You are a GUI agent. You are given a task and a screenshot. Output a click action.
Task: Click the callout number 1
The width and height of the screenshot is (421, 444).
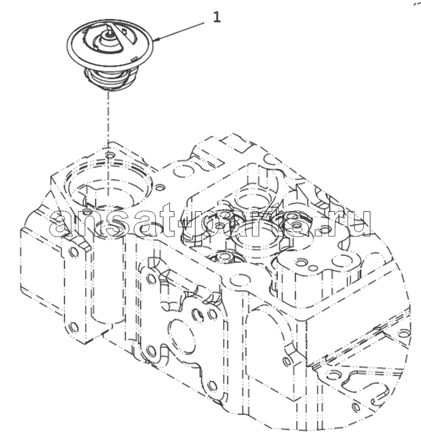pyautogui.click(x=217, y=18)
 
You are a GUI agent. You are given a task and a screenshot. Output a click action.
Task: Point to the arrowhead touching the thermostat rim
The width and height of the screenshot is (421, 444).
pyautogui.click(x=157, y=39)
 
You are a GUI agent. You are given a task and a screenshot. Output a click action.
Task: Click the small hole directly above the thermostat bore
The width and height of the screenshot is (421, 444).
pyautogui.click(x=109, y=155)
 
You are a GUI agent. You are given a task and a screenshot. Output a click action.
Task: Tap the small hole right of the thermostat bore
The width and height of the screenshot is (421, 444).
pyautogui.click(x=160, y=187)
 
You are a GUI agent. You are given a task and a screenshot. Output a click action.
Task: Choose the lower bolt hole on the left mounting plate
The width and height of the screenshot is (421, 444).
pyautogui.click(x=74, y=327)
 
